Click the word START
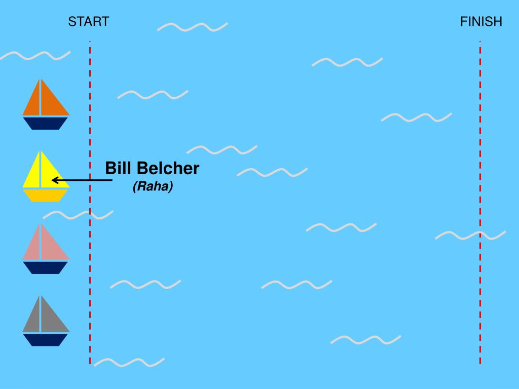click(x=89, y=22)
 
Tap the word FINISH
click(x=481, y=22)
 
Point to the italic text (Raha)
click(x=153, y=187)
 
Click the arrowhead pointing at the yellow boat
click(x=55, y=180)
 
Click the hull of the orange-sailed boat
click(x=46, y=123)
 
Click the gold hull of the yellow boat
click(x=46, y=196)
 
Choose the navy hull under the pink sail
click(x=46, y=267)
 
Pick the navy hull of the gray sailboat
click(x=46, y=339)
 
